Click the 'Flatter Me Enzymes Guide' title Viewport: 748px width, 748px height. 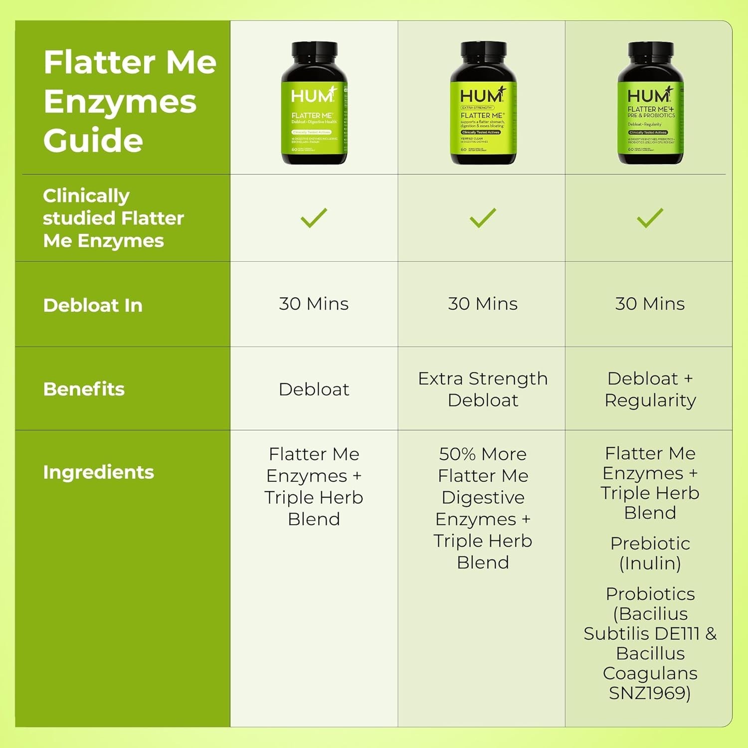point(130,101)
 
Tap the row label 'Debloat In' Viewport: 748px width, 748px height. point(93,305)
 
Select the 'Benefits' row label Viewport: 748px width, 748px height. point(84,389)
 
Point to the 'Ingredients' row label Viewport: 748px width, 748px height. point(98,472)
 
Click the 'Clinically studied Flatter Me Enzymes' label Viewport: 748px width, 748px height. point(113,218)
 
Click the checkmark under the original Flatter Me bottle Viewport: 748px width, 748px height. point(314,218)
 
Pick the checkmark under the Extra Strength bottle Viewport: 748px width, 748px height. point(483,218)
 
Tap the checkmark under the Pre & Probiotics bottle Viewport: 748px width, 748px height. point(650,218)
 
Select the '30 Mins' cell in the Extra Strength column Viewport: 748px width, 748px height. point(483,304)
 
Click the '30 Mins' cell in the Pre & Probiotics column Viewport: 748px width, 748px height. point(650,304)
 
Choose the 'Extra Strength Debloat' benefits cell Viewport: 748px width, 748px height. point(483,389)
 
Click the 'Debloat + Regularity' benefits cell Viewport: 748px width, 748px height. point(650,389)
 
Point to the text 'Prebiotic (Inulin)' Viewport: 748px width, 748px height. point(650,553)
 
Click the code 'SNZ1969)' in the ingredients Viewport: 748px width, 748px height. point(650,693)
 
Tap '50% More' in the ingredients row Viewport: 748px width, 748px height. point(483,454)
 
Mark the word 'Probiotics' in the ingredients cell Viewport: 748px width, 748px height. point(650,594)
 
